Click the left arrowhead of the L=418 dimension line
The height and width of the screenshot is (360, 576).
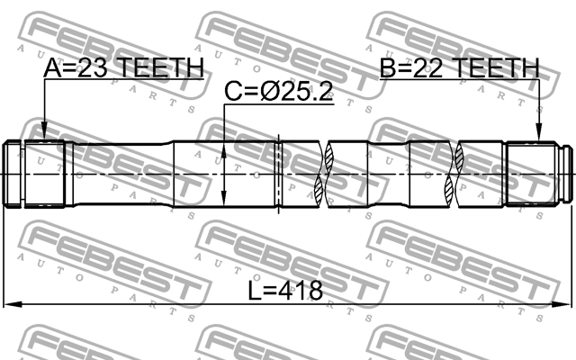coord(11,305)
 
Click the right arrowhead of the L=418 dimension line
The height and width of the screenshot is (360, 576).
coord(565,305)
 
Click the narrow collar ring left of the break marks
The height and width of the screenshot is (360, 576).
coord(280,173)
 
